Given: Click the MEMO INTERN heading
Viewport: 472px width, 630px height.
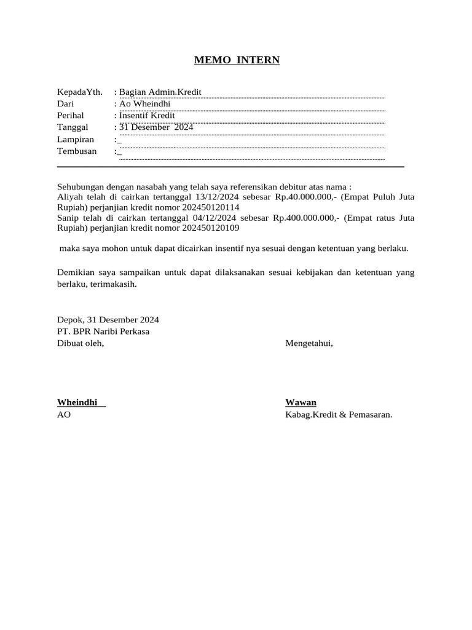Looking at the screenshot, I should point(237,60).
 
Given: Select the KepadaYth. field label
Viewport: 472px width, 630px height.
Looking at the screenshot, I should point(80,92).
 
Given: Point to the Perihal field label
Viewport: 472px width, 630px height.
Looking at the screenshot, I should point(71,116).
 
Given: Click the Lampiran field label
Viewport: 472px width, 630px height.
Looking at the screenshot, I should point(76,140).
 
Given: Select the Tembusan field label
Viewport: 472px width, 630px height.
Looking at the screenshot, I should point(77,151).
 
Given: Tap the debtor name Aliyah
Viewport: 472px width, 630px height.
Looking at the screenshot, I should point(69,197).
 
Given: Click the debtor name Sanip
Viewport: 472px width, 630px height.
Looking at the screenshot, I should point(68,218).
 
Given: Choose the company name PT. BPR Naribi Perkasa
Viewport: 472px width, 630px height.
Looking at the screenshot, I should point(103,332).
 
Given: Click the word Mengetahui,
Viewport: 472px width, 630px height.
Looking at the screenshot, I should point(309,343).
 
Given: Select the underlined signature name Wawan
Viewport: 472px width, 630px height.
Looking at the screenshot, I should point(301,402).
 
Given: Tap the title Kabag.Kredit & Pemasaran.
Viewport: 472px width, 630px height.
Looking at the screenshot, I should point(339,415).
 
